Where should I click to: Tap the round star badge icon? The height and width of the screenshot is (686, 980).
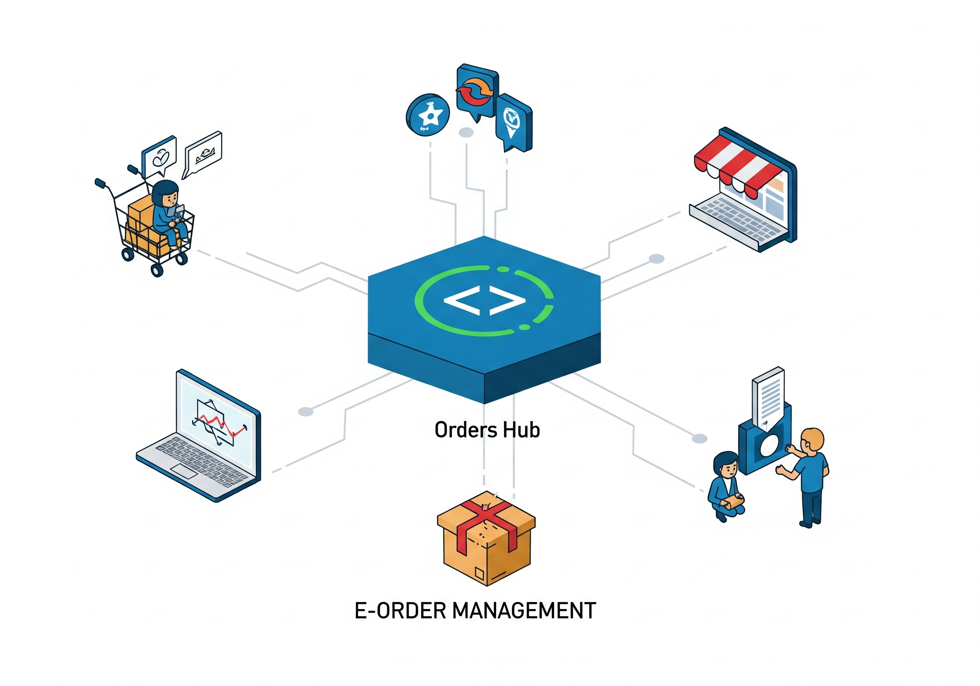coord(428,114)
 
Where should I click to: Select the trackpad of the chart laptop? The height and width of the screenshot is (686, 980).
coord(183,471)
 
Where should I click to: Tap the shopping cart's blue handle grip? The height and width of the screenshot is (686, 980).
coord(100,184)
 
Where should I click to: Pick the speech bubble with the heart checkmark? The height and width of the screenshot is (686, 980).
coord(160,157)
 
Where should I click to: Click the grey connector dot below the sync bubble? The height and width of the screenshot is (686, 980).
coord(466,132)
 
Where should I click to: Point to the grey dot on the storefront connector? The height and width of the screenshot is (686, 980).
coord(657,259)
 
